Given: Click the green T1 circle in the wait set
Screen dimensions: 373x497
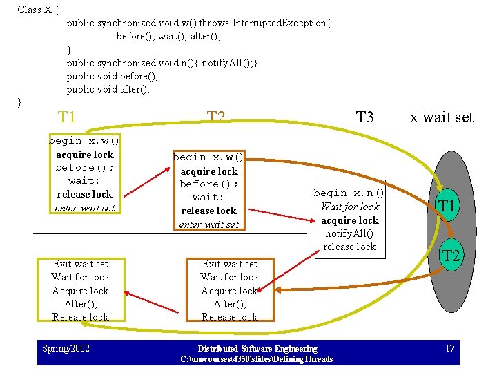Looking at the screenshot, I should (x=447, y=205).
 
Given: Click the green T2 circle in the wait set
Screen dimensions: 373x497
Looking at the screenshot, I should (x=451, y=256).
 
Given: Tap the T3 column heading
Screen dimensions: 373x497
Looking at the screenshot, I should (x=364, y=117).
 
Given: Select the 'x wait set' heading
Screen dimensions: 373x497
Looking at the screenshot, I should (x=441, y=117).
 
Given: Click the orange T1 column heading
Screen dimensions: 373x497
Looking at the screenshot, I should (x=67, y=117).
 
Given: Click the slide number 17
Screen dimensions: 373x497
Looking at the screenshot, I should (x=450, y=348).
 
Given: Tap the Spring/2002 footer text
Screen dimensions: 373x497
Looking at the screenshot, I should (x=66, y=348).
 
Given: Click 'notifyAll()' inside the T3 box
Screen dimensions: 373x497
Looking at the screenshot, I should (x=349, y=233).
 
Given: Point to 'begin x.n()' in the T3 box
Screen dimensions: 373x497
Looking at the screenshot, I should (x=349, y=193).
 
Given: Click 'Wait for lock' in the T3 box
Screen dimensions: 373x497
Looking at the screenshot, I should (x=350, y=207).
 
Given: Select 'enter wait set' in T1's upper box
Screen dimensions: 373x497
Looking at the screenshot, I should (x=84, y=207).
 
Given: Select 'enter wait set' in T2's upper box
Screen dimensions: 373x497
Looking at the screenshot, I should (x=208, y=224).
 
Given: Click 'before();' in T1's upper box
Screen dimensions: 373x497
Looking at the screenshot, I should (x=84, y=168).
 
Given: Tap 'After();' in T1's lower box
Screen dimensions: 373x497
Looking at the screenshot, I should (x=81, y=304).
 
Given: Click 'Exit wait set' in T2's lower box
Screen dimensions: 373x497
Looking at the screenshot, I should (x=229, y=264).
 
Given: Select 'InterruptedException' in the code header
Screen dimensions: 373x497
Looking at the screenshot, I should (x=281, y=23).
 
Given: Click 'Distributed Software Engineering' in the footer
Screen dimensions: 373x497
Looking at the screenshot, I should (x=257, y=349).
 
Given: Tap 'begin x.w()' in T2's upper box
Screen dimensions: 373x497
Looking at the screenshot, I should (x=208, y=157).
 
